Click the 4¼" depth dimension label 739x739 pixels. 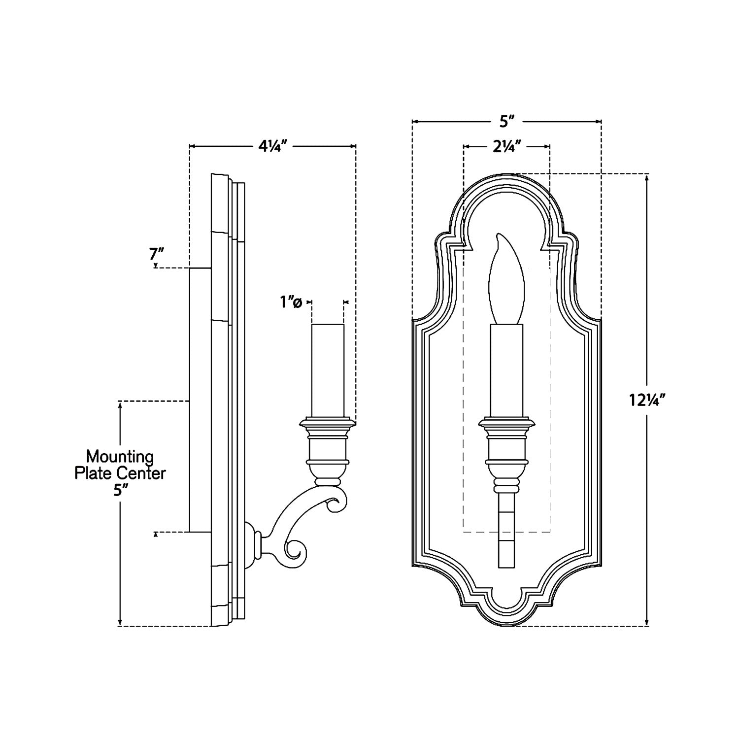pos(272,146)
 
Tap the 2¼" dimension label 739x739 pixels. pos(507,146)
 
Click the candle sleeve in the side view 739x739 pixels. pos(328,369)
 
